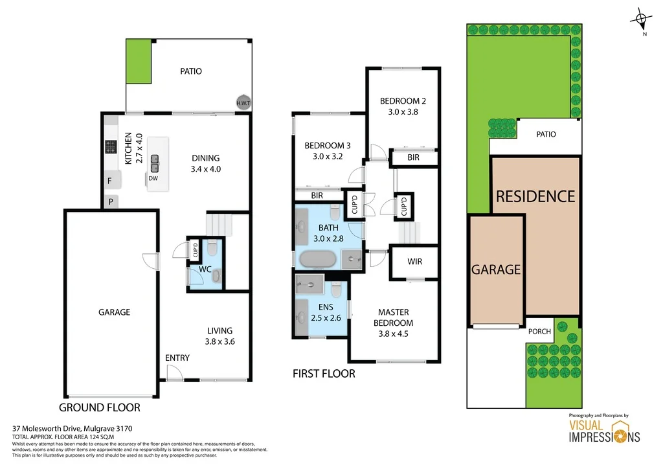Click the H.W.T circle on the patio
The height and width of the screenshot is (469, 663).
point(243,102)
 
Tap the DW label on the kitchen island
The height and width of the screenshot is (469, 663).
point(153,178)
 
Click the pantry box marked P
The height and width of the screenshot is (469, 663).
point(111,201)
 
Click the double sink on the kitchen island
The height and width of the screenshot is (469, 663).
point(155,160)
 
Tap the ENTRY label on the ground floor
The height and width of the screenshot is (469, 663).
point(177,358)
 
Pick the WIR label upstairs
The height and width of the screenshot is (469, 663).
point(414,262)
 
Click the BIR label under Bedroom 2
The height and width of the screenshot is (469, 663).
point(413,157)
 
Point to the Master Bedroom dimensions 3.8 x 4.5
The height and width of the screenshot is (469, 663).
point(393,334)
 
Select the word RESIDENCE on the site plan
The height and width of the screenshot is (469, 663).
point(535,196)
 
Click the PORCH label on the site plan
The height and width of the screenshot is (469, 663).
point(539,331)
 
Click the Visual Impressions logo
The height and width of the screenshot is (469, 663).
point(604,431)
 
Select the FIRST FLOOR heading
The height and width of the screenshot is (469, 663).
point(324,374)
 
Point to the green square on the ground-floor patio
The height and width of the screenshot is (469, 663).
point(138,62)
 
